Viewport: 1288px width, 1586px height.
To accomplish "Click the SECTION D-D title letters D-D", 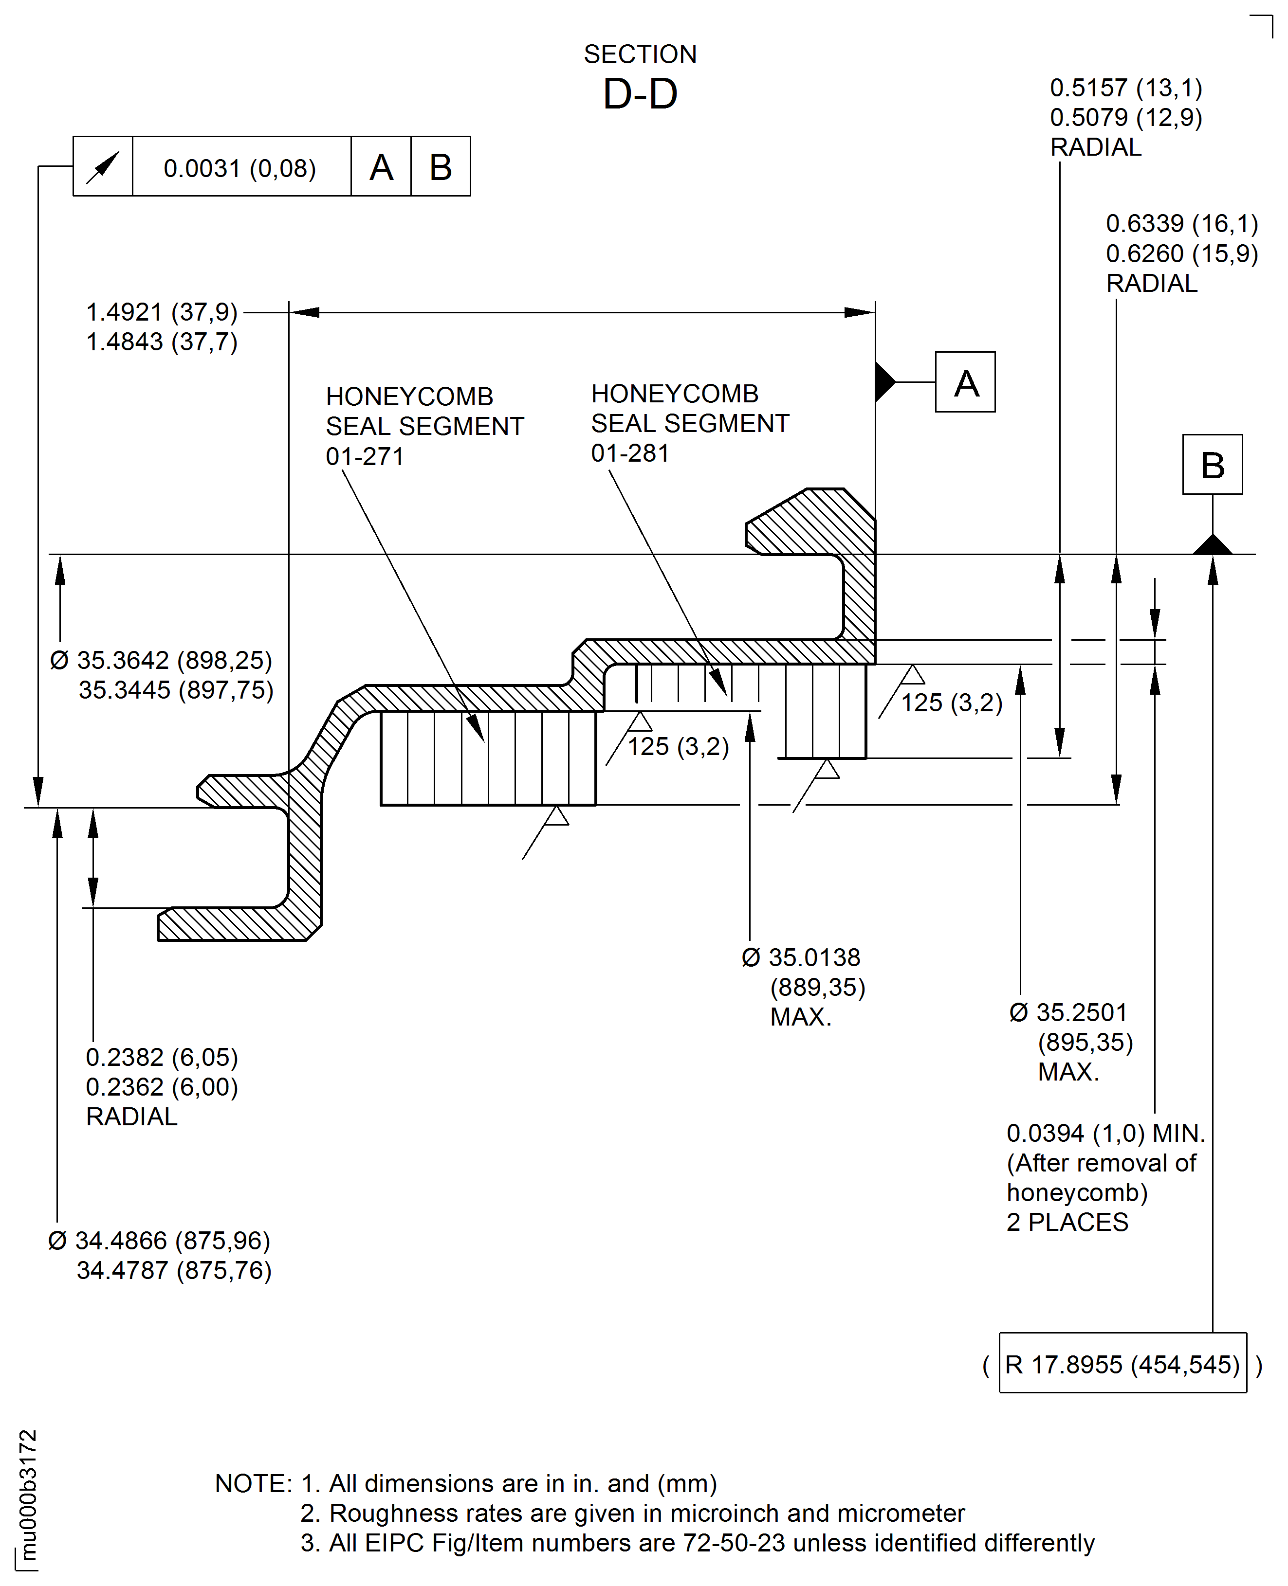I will pos(640,94).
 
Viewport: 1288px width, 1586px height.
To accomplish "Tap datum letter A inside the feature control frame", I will pos(381,167).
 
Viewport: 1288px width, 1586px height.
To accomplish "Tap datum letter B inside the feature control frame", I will pos(441,167).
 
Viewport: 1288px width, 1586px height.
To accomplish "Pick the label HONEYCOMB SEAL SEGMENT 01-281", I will pos(689,423).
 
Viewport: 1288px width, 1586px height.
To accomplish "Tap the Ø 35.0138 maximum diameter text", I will pos(804,987).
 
